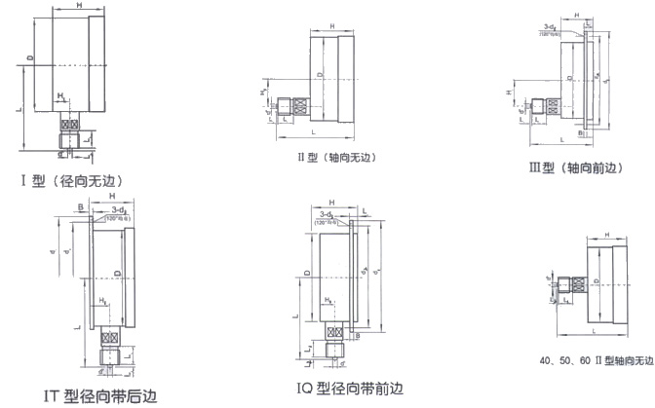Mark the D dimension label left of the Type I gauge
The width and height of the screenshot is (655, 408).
[x=30, y=60]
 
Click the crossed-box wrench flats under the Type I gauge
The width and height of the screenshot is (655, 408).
[x=69, y=125]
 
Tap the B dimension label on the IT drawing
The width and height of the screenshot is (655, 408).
[x=80, y=206]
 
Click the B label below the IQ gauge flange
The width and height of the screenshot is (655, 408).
[x=360, y=335]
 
